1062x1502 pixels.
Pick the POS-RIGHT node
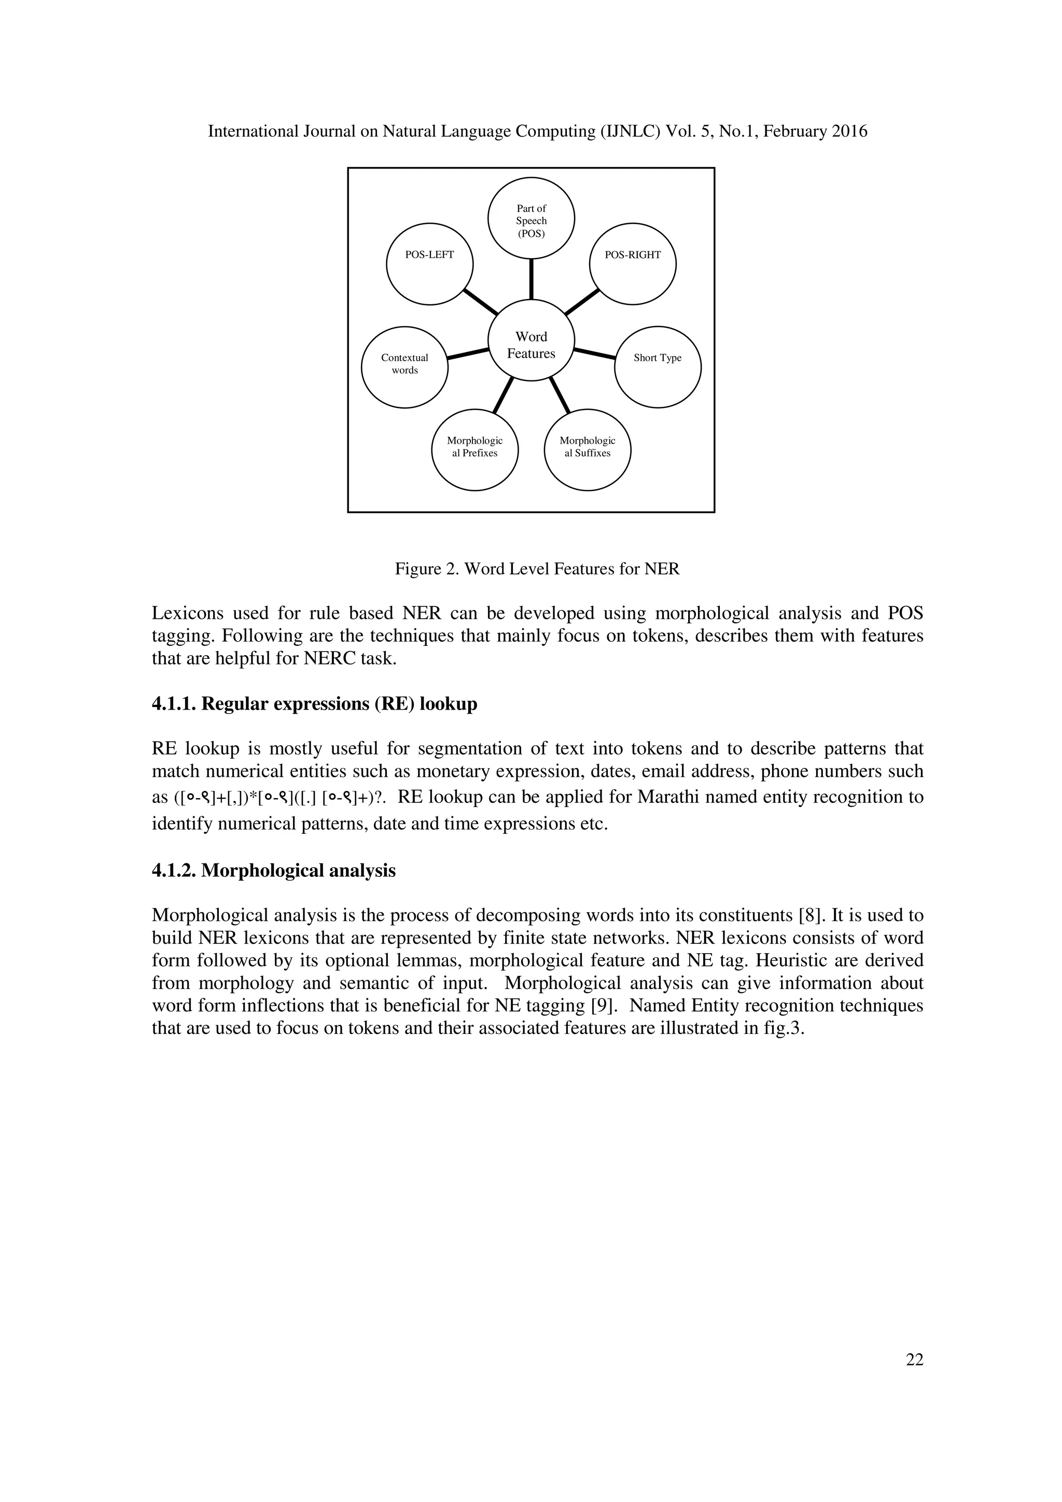[x=632, y=263]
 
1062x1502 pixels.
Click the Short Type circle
[x=657, y=366]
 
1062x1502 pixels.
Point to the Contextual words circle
[x=404, y=366]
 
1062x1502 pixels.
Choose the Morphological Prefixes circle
[x=474, y=449]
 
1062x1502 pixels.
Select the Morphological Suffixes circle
[x=587, y=449]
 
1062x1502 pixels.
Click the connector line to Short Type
[x=595, y=353]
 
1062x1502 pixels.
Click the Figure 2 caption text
[x=537, y=569]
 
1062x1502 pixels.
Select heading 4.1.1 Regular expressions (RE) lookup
[x=314, y=704]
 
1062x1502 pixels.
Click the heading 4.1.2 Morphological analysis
[x=273, y=871]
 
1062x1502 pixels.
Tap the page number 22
[x=914, y=1359]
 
